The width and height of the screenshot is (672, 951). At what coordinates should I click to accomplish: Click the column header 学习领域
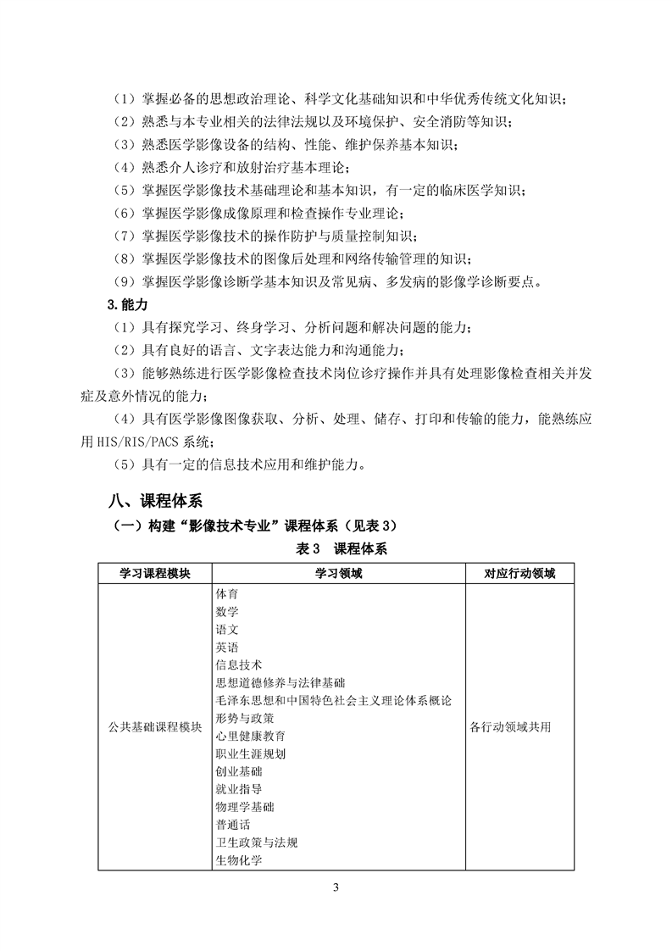coord(338,573)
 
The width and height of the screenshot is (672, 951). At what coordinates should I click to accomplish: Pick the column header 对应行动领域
coord(519,573)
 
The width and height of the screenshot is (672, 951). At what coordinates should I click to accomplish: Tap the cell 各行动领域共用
coord(509,727)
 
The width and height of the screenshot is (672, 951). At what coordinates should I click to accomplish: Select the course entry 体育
coord(227,593)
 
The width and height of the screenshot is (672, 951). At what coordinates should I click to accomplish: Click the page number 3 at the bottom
coord(336,887)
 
